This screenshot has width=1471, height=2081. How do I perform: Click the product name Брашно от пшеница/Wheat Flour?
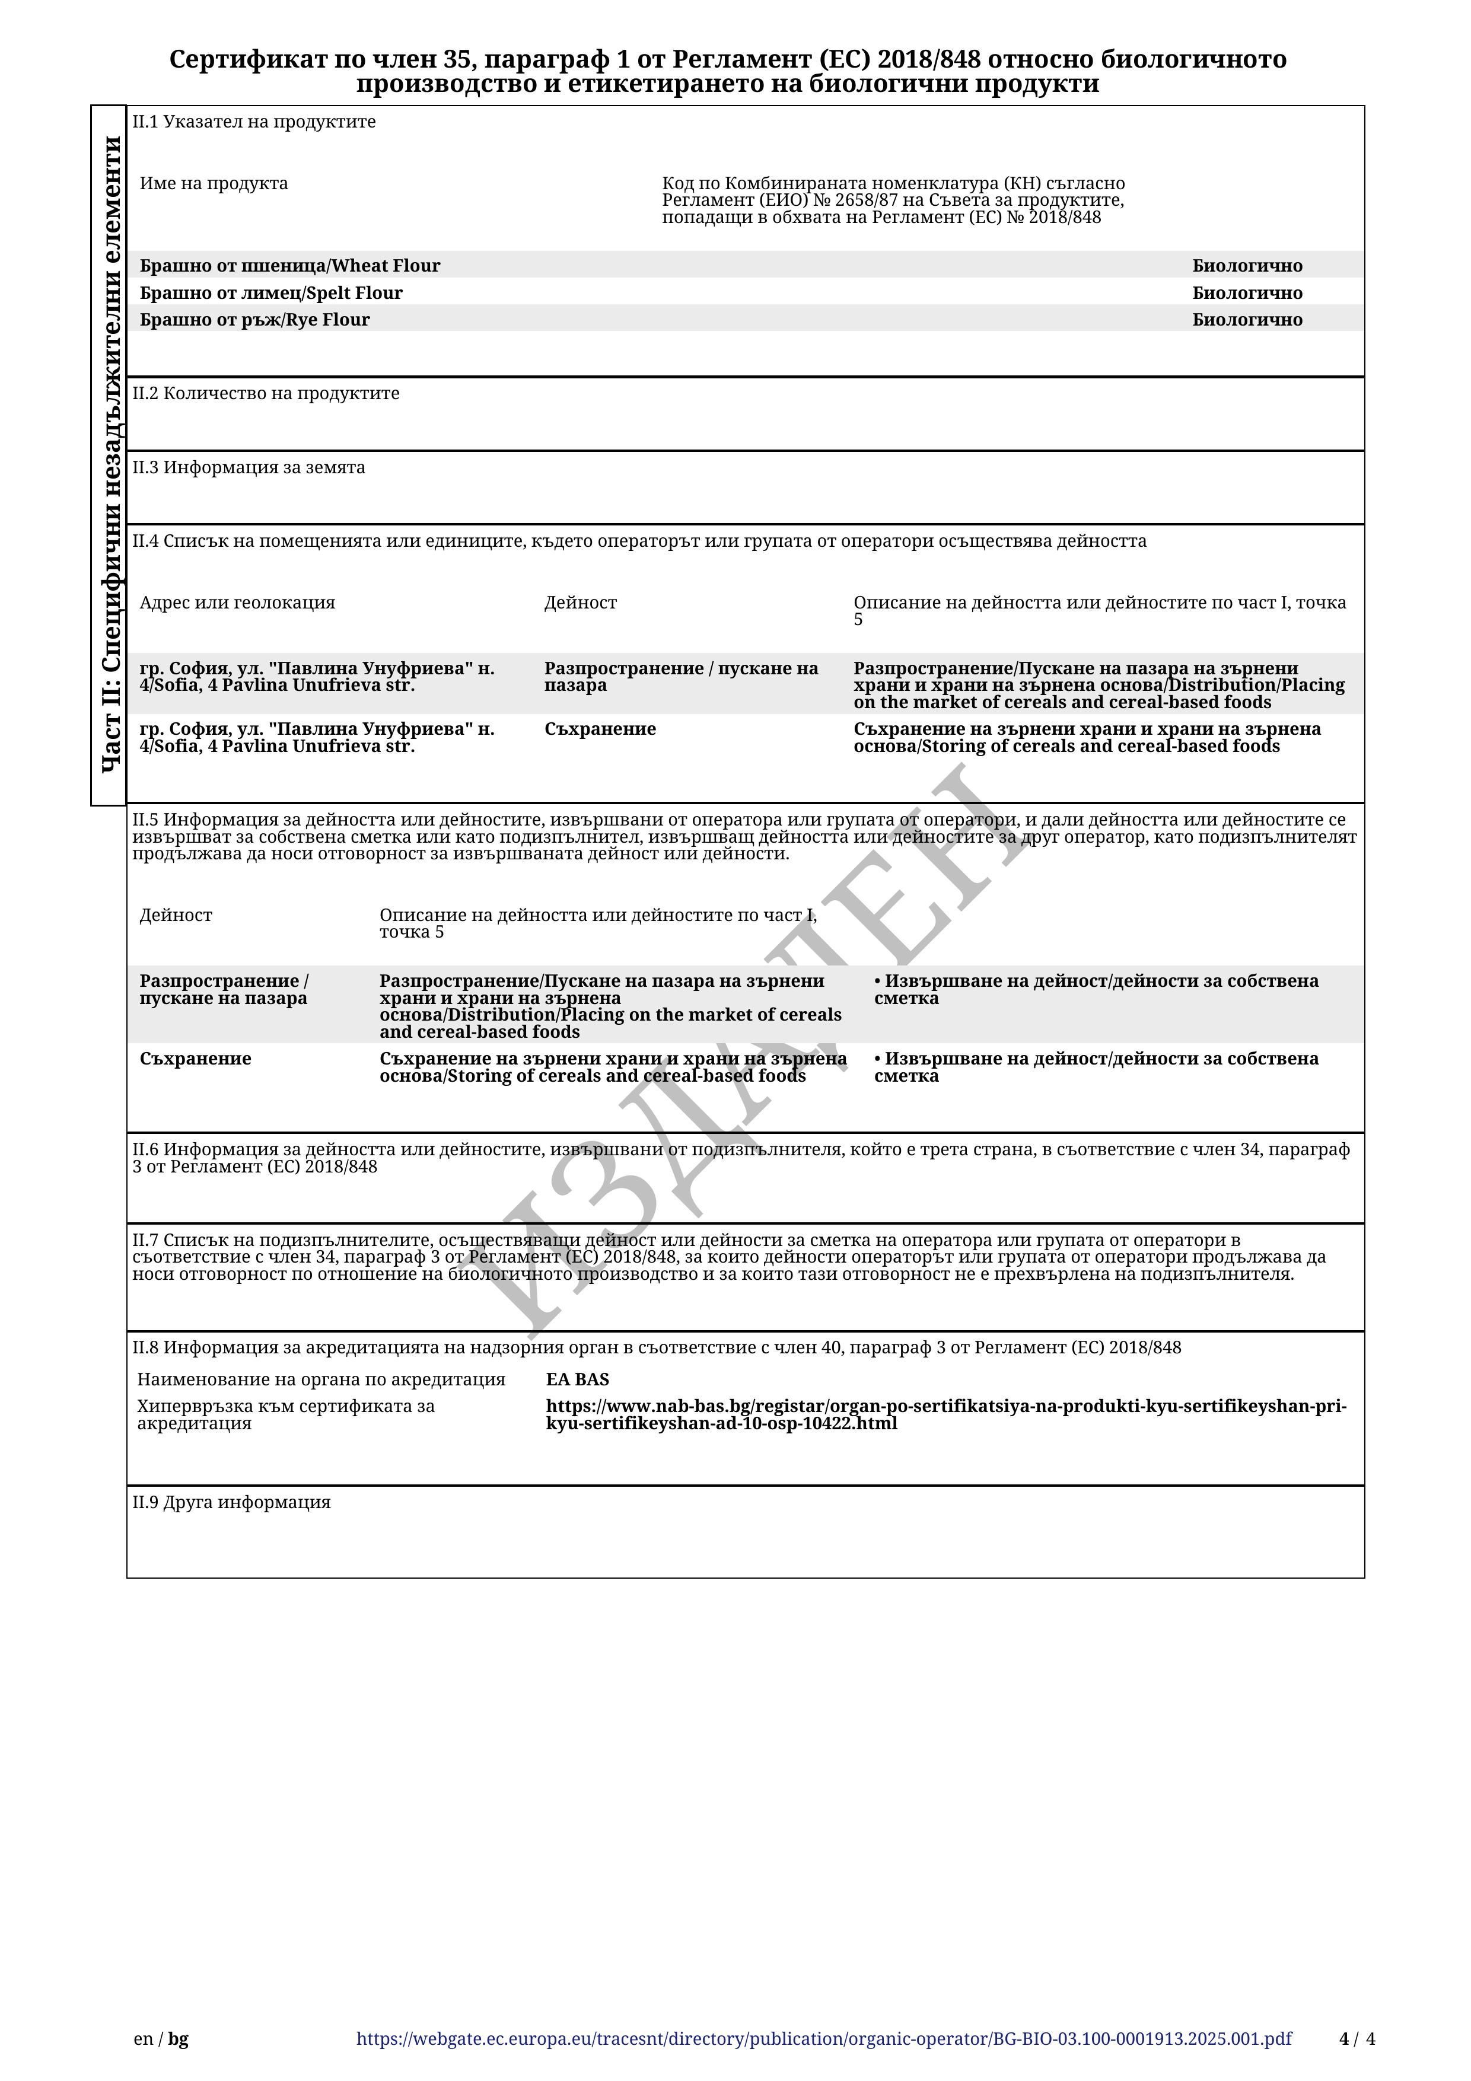(290, 266)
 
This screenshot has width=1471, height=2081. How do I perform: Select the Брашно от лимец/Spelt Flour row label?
(271, 293)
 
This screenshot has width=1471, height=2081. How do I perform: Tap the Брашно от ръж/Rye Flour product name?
(254, 319)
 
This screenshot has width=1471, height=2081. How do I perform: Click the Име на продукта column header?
(214, 183)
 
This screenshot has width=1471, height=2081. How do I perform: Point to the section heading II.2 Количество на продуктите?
(266, 393)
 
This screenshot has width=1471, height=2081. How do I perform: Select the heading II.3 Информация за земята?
(249, 468)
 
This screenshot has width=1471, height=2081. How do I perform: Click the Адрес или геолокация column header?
(237, 603)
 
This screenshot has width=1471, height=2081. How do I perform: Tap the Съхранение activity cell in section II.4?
(600, 729)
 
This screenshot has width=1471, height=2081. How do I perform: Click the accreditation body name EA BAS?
(577, 1379)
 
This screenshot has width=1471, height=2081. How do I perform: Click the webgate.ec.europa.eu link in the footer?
(824, 2039)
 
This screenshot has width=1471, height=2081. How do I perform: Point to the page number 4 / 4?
(1357, 2039)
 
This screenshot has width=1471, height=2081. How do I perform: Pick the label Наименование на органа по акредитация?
(321, 1379)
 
